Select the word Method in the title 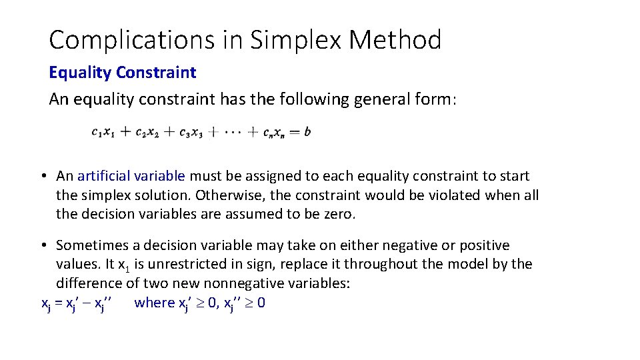tap(395, 41)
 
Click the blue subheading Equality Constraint tap(123, 72)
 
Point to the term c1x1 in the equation tap(103, 133)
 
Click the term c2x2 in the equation tap(147, 133)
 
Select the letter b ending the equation tap(307, 132)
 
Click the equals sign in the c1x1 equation tap(295, 132)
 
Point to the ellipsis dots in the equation tap(233, 132)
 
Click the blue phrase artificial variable tap(131, 176)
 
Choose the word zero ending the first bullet tap(341, 215)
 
